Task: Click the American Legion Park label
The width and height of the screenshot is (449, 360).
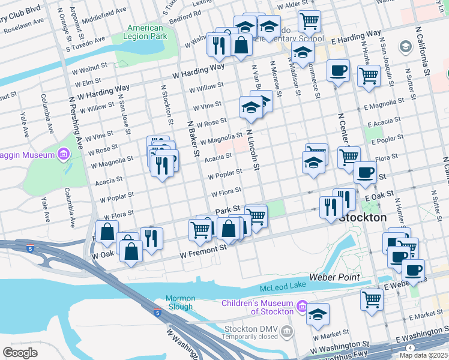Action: (x=145, y=32)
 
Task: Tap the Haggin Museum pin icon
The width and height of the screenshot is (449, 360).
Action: (x=63, y=155)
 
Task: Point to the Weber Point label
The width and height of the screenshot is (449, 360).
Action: (x=334, y=277)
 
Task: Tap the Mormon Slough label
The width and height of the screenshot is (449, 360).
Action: (x=181, y=302)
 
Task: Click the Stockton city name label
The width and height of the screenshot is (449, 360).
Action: (x=362, y=218)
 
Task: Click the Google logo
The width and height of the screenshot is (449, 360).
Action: (x=20, y=352)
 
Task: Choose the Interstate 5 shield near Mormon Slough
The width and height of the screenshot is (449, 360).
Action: (x=157, y=313)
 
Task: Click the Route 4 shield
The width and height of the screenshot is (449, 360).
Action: (x=410, y=348)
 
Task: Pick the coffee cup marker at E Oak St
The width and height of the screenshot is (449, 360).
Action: (x=364, y=173)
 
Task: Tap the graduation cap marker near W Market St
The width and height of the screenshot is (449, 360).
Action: (x=318, y=314)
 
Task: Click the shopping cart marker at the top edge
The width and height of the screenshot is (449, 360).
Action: (x=309, y=21)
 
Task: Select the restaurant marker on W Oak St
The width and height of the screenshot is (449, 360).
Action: (x=151, y=238)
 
